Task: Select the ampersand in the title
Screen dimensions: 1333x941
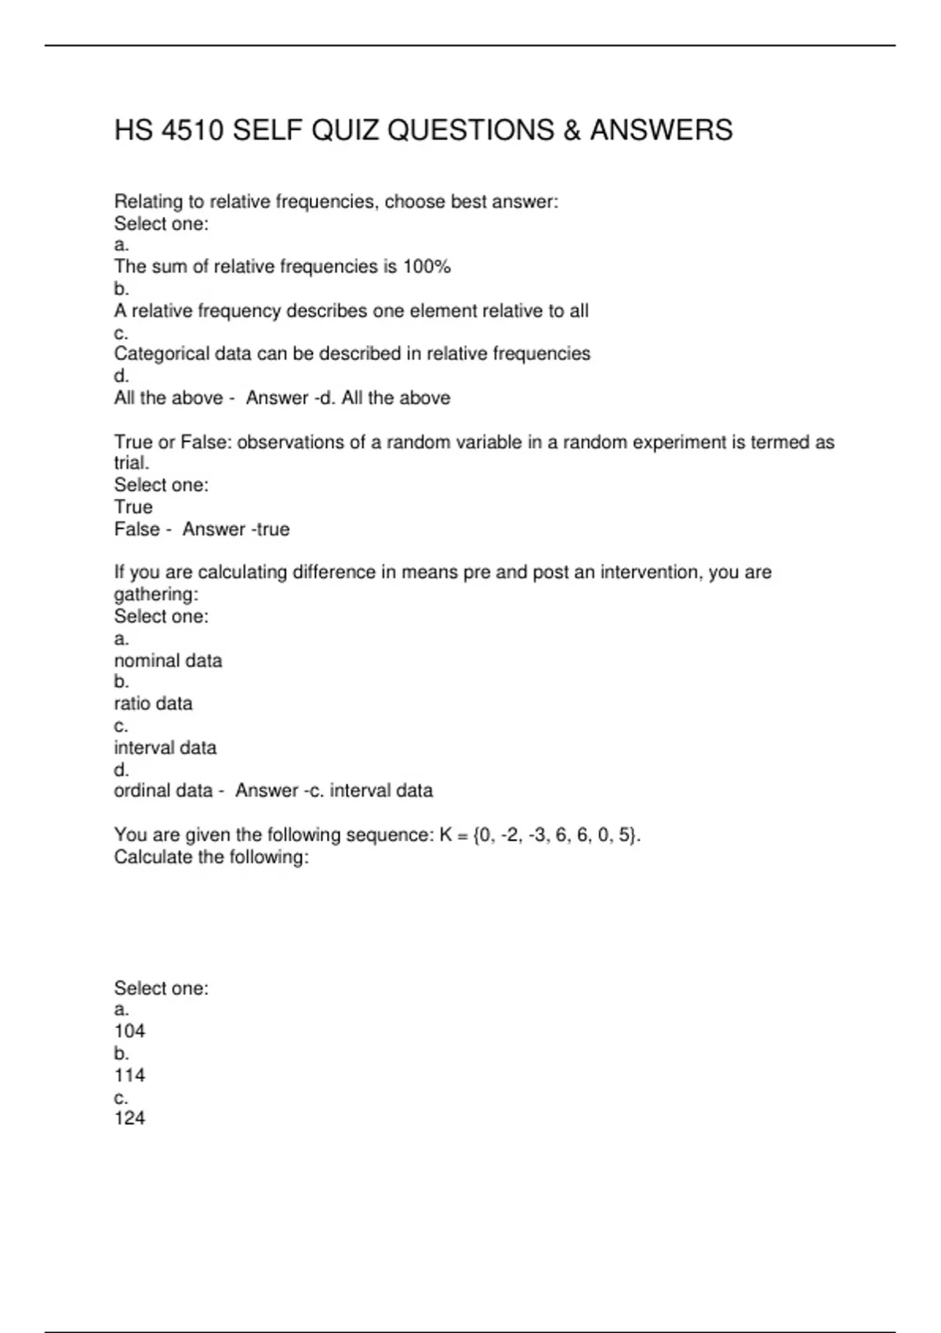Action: (571, 130)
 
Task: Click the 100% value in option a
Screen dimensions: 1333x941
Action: (427, 267)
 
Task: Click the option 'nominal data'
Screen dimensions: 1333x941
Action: (168, 660)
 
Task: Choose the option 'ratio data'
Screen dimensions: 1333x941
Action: (153, 703)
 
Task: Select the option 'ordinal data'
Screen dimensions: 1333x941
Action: (163, 790)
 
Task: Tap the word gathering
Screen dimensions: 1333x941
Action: (155, 594)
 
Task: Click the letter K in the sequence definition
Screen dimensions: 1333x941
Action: (445, 834)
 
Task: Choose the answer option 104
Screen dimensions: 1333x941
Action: (129, 1031)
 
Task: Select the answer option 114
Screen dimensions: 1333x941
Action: (129, 1075)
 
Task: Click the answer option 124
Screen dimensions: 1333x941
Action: (129, 1118)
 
